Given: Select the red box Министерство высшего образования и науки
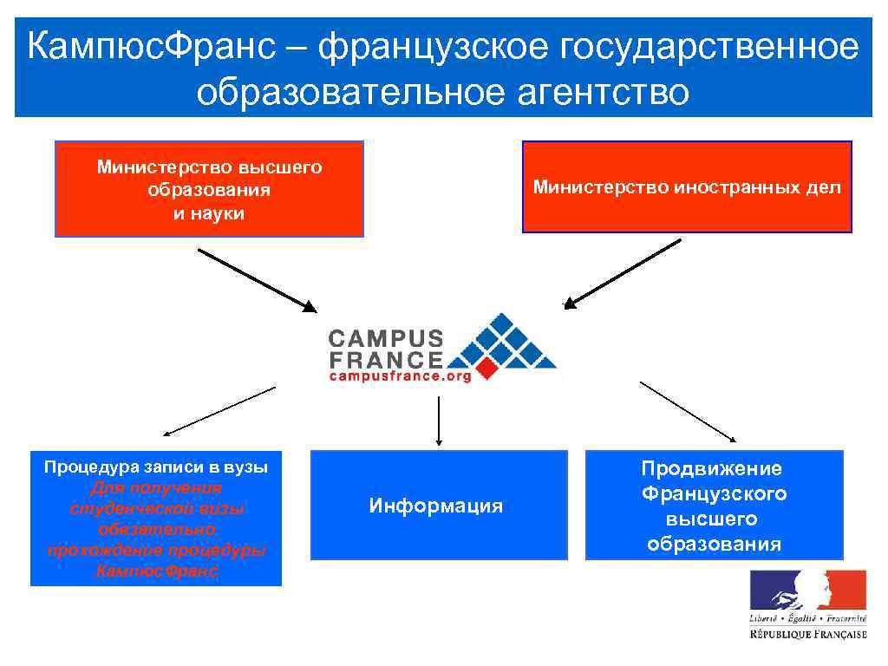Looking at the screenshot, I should tap(209, 189).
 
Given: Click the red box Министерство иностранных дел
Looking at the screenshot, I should tap(687, 187).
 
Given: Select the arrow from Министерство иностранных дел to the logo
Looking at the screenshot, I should tap(623, 273).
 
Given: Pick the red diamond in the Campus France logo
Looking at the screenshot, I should tap(488, 370).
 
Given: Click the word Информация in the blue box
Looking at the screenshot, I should tap(436, 506).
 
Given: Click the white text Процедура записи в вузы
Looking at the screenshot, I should tap(156, 467).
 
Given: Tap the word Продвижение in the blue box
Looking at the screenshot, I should tap(712, 469).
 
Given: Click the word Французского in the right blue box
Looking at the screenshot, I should tap(714, 494).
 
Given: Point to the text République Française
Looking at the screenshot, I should tap(808, 635).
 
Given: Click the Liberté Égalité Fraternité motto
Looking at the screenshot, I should tap(808, 618).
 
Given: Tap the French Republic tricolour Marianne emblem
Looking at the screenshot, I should tap(808, 590).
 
